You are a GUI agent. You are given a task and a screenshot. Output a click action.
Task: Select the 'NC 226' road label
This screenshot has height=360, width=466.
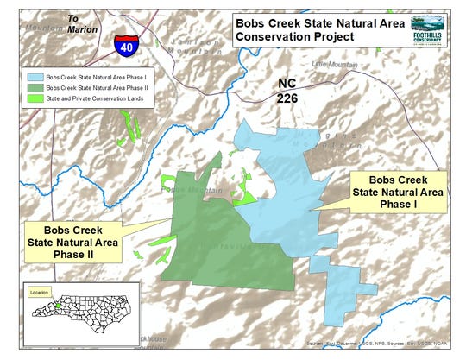click(292, 91)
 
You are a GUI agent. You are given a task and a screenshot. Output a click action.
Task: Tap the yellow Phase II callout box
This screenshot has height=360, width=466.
click(72, 242)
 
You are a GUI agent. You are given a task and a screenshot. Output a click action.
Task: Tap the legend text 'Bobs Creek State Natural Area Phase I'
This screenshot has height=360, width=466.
click(97, 77)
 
